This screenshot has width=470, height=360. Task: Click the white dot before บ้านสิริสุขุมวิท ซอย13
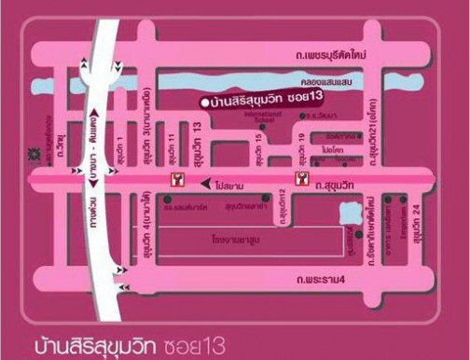pyautogui.click(x=204, y=101)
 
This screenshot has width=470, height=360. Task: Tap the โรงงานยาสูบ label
pyautogui.click(x=233, y=239)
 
